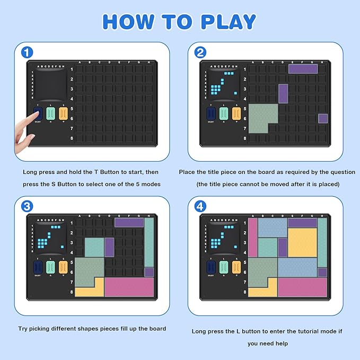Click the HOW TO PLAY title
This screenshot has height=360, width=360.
(179, 21)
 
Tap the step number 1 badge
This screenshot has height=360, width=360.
(28, 52)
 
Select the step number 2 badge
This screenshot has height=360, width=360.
(200, 52)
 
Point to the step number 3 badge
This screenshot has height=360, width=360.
(28, 206)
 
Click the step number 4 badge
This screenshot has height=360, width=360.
(200, 206)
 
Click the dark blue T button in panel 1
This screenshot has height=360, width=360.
(38, 114)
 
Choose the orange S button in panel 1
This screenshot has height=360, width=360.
(63, 114)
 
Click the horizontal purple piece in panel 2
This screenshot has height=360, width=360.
(303, 68)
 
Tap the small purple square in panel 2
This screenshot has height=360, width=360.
(322, 118)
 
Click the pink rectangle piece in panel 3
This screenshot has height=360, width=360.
(129, 287)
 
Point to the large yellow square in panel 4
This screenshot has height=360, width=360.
(302, 242)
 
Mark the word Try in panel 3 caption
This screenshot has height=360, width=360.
(23, 329)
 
